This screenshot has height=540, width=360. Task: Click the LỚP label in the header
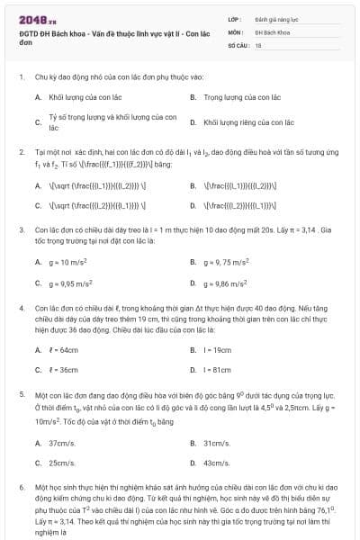point(234,18)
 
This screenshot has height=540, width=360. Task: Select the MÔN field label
point(235,31)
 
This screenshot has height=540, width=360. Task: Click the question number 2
point(21,153)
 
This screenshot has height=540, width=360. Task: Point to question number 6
point(21,485)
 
